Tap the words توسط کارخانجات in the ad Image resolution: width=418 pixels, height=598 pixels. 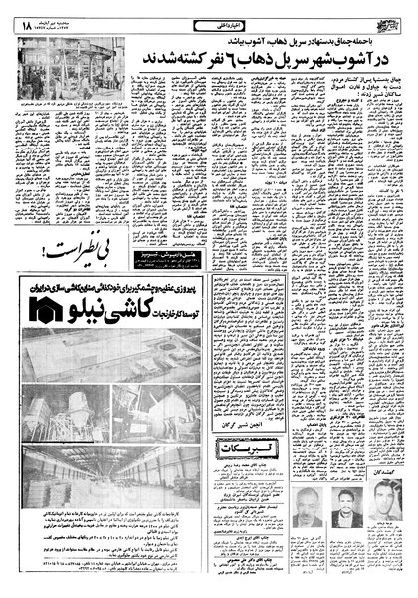point(214,309)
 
